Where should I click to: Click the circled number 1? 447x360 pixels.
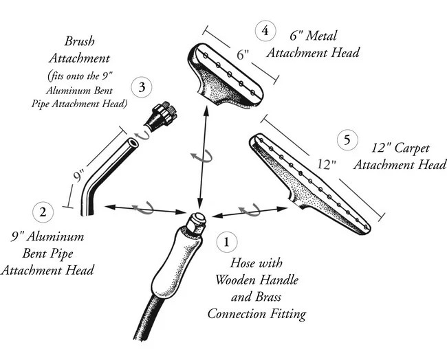point(227,242)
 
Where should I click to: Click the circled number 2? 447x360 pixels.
point(43,211)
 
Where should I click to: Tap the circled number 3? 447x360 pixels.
point(142,87)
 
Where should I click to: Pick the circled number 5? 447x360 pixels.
point(347,141)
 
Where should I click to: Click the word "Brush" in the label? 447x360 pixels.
point(79,41)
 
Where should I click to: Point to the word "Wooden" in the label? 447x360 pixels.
point(237,280)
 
